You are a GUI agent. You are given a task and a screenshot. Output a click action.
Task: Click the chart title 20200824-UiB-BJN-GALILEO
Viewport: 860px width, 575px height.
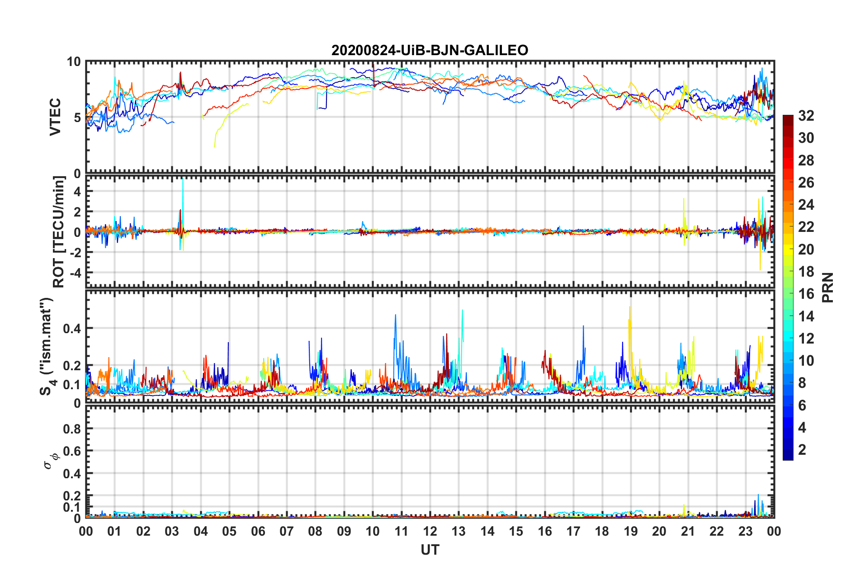click(x=430, y=50)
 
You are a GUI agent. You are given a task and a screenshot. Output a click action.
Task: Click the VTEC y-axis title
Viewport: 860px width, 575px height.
click(x=55, y=117)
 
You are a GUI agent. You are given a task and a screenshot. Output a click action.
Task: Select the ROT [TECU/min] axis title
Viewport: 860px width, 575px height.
click(x=59, y=232)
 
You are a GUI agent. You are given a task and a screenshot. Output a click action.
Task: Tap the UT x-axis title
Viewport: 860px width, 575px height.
click(x=430, y=550)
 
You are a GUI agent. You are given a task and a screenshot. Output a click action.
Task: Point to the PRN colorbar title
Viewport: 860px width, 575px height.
click(x=827, y=287)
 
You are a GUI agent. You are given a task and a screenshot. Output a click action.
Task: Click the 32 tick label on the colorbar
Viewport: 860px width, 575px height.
click(x=806, y=116)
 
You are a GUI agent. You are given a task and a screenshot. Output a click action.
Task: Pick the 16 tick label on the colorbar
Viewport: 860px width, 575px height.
click(x=806, y=294)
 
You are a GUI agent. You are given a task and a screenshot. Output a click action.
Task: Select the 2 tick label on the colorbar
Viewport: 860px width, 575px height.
click(x=802, y=450)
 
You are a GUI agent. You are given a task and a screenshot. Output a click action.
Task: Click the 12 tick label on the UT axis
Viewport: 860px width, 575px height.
click(x=430, y=531)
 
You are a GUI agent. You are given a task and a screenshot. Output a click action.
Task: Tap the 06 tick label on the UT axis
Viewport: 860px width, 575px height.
click(x=258, y=531)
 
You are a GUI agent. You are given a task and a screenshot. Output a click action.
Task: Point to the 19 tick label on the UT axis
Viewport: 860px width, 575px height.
click(x=631, y=531)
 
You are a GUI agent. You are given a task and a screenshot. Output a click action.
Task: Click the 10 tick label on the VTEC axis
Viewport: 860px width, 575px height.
click(x=74, y=62)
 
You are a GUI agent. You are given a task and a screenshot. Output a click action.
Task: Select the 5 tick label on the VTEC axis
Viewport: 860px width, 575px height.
click(x=77, y=118)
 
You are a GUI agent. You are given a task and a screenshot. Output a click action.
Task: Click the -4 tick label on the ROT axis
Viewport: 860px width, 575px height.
click(x=74, y=273)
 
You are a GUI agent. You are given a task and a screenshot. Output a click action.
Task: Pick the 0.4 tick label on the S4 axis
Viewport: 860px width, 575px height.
click(x=71, y=329)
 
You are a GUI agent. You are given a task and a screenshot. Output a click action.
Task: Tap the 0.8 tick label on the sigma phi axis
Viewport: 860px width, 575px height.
click(x=71, y=429)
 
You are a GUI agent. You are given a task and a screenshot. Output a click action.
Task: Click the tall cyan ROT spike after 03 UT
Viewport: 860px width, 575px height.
click(x=183, y=181)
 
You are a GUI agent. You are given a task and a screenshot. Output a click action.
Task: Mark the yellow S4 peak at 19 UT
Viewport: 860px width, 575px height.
click(x=630, y=308)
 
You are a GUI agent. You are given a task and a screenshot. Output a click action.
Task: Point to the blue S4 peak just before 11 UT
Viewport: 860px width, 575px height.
click(x=396, y=316)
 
